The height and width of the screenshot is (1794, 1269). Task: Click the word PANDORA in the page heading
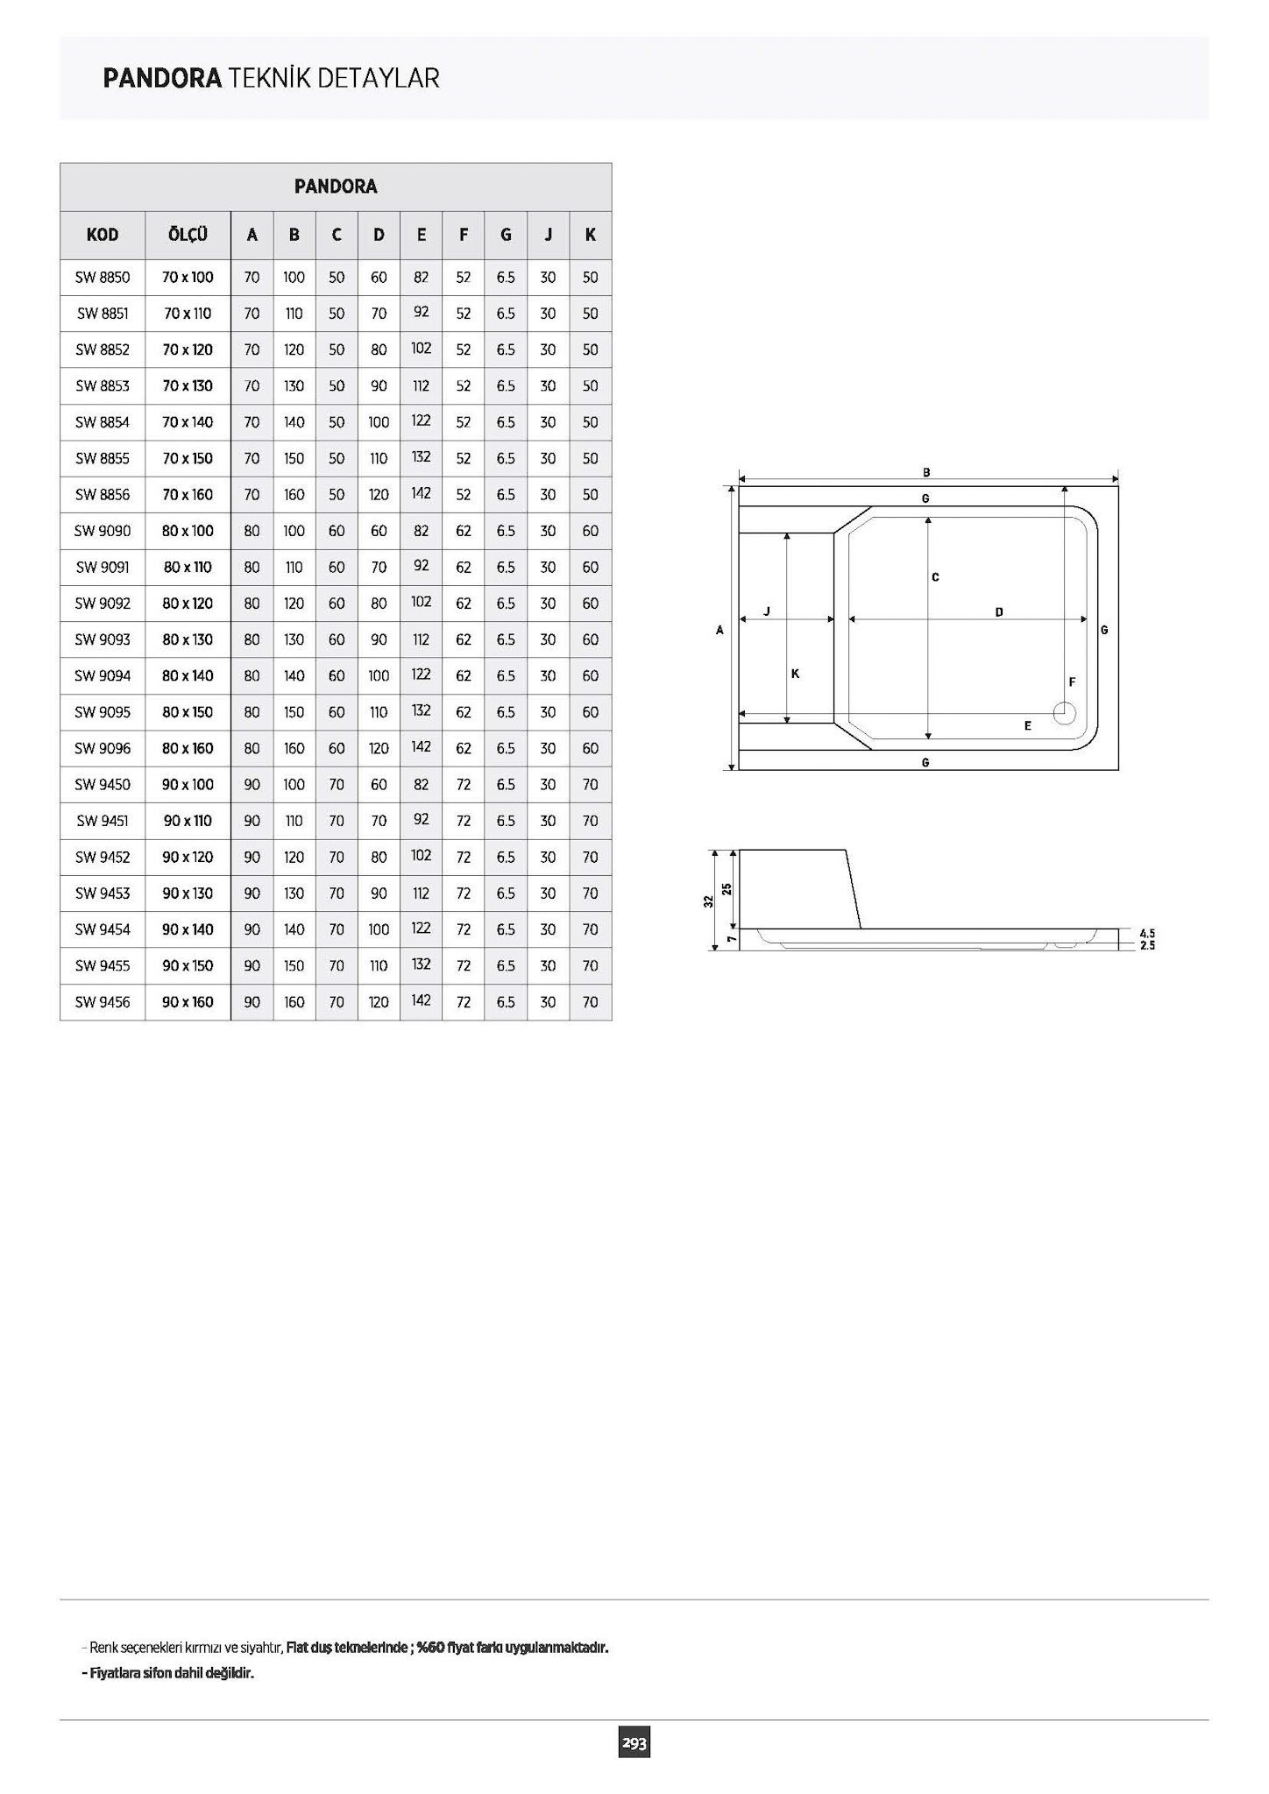tap(162, 79)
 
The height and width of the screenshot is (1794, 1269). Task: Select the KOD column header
tap(103, 235)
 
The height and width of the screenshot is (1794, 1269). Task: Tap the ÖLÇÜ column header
tap(188, 234)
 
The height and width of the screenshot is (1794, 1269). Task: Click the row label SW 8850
tap(103, 278)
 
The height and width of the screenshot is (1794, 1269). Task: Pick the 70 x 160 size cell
tap(188, 495)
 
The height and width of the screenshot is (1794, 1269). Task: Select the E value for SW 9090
tap(422, 530)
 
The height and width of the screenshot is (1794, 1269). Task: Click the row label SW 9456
tap(103, 1002)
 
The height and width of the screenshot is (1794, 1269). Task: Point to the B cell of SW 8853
tap(294, 386)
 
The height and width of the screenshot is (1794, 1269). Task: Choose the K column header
tap(591, 235)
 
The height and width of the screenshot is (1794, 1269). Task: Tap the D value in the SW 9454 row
tap(379, 929)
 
